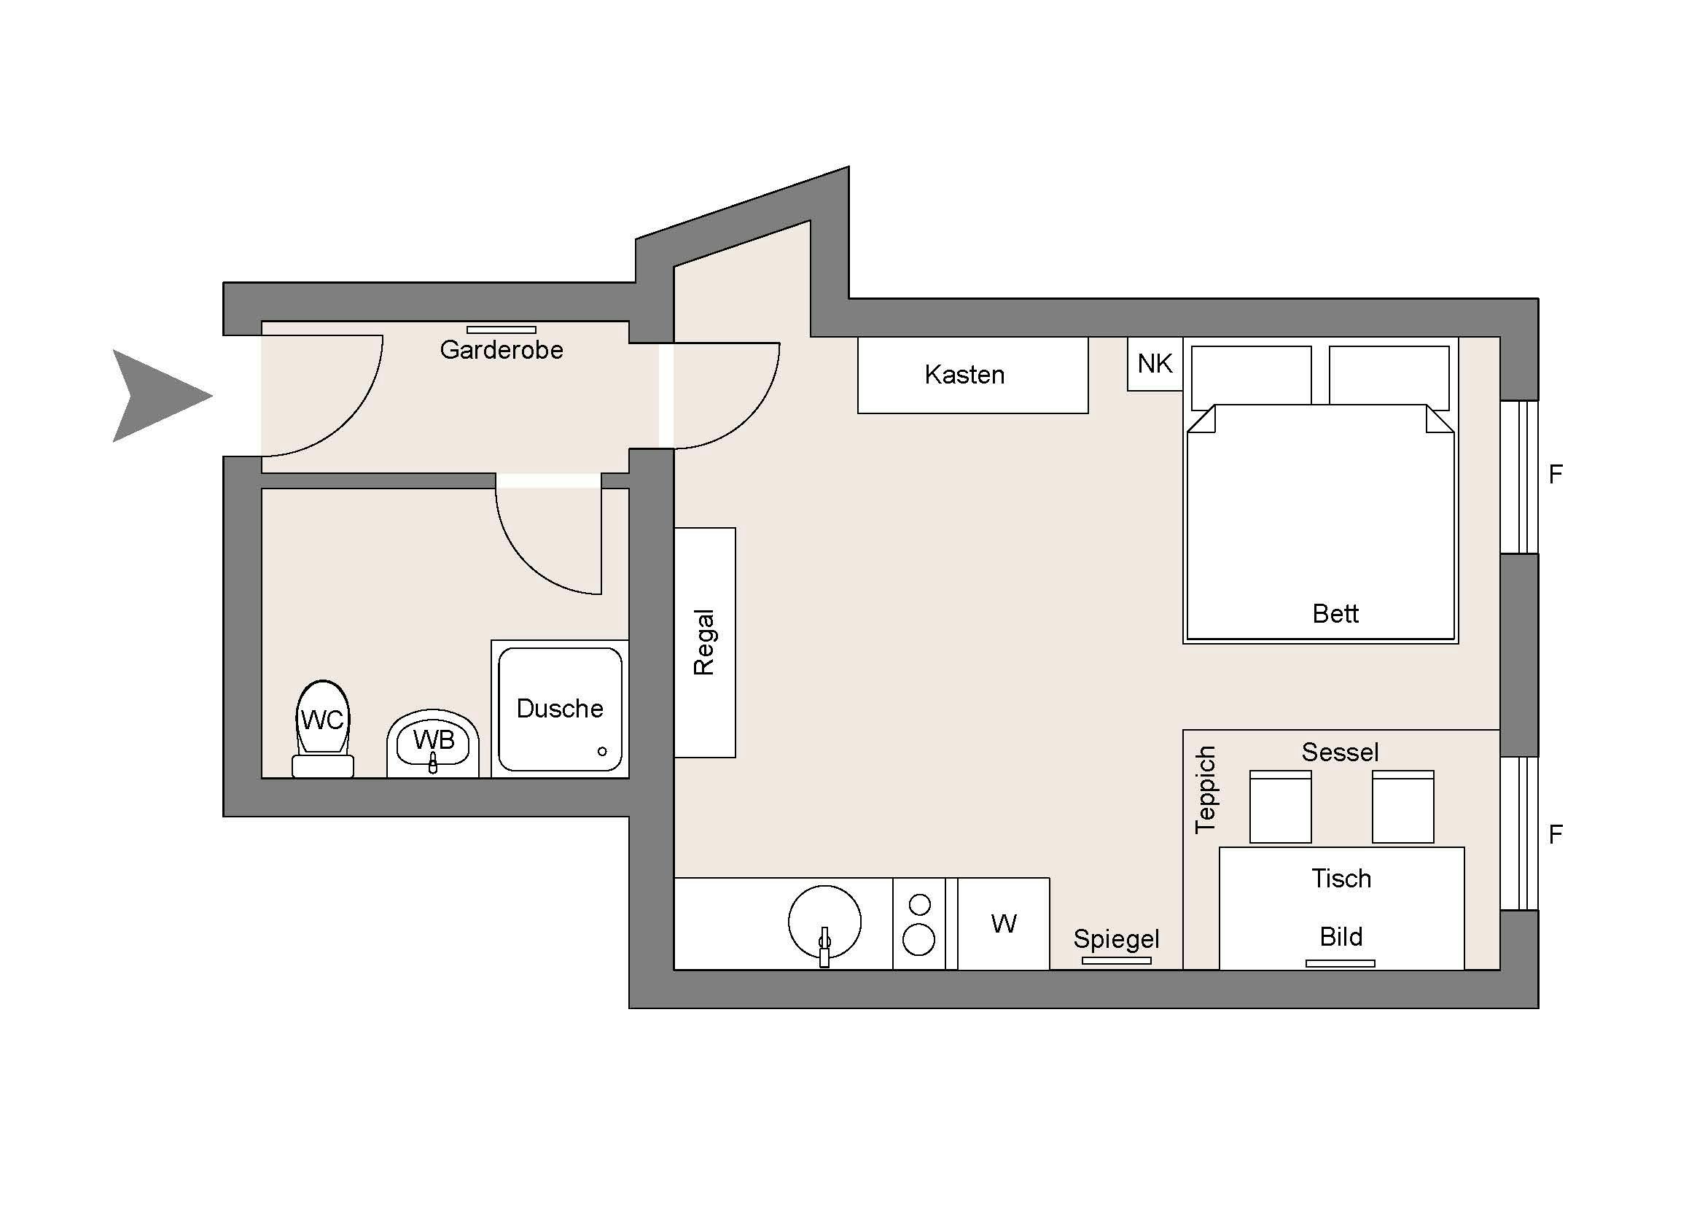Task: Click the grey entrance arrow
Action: [156, 396]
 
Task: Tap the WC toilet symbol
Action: [323, 728]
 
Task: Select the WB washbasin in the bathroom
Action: [433, 743]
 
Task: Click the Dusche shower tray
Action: [560, 709]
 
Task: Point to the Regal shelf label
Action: [703, 642]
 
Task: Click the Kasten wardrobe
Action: [973, 375]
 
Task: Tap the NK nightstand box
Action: [1155, 364]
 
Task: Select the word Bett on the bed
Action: [1335, 613]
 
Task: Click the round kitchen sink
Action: [824, 922]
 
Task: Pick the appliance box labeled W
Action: [1003, 924]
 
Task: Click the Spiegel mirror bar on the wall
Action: [1116, 961]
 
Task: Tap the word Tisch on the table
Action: [1341, 879]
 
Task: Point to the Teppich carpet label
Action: [1205, 790]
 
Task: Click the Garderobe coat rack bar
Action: [502, 330]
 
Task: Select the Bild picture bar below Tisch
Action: [1341, 964]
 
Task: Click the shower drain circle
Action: [602, 752]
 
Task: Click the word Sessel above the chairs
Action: [1340, 752]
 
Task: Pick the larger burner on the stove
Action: [918, 940]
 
